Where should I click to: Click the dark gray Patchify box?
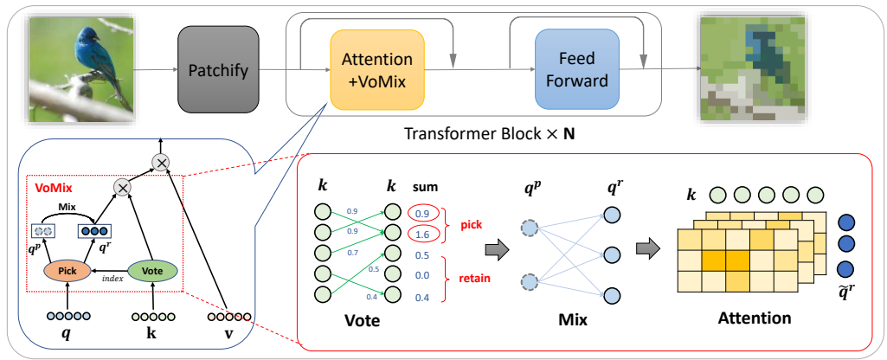(218, 69)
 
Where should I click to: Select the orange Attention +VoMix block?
(376, 70)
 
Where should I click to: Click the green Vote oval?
(152, 271)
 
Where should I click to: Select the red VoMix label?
(52, 186)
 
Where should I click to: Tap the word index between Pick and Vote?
(112, 279)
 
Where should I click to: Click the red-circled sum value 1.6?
(423, 235)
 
